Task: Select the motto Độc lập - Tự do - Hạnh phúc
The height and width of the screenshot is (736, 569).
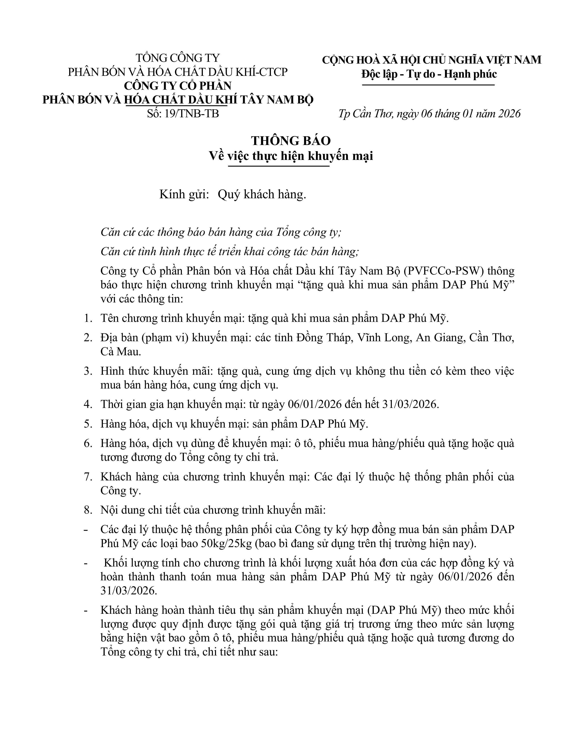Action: [x=429, y=74]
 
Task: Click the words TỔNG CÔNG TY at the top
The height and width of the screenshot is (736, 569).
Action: [x=178, y=58]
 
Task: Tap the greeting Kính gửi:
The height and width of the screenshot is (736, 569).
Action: [x=184, y=194]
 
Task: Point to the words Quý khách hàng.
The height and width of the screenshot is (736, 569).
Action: [x=262, y=194]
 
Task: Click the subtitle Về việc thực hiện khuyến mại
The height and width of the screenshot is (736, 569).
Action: [x=291, y=156]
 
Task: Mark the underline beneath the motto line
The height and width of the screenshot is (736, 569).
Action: [x=428, y=85]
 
